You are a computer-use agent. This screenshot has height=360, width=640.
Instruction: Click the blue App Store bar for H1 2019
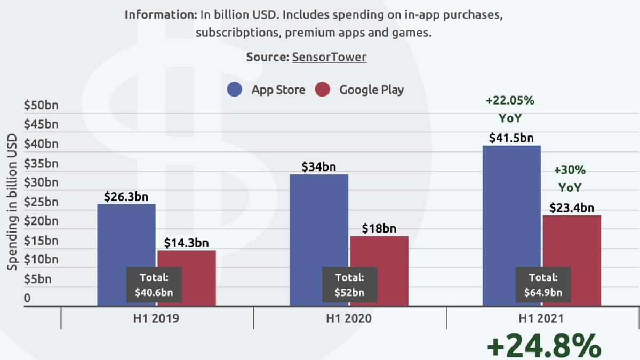pyautogui.click(x=126, y=235)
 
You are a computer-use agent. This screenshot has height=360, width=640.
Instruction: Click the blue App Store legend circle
pyautogui.click(x=235, y=90)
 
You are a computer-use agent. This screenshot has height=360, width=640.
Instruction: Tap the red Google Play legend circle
pyautogui.click(x=323, y=90)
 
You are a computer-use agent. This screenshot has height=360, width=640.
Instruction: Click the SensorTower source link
pyautogui.click(x=329, y=57)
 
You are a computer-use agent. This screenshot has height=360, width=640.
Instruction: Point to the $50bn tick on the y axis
pyautogui.click(x=41, y=105)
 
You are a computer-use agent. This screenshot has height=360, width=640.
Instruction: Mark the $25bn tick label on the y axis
pyautogui.click(x=41, y=202)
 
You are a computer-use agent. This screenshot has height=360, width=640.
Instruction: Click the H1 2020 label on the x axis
pyautogui.click(x=349, y=319)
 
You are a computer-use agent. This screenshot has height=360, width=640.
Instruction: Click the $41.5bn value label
pyautogui.click(x=511, y=138)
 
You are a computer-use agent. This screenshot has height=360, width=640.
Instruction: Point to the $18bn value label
pyautogui.click(x=379, y=228)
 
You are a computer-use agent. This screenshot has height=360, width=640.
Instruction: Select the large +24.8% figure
pyautogui.click(x=543, y=346)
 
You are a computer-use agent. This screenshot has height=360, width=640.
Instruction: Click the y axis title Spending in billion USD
pyautogui.click(x=12, y=203)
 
